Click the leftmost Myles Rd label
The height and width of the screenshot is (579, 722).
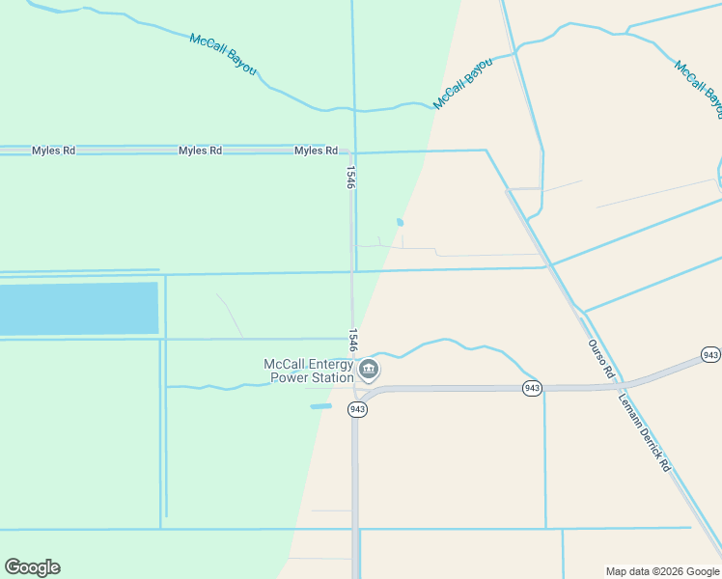pyautogui.click(x=53, y=151)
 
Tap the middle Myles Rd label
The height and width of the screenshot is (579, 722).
pyautogui.click(x=200, y=151)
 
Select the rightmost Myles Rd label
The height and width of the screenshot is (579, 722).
pyautogui.click(x=316, y=151)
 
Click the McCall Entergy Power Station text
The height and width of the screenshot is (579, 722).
pyautogui.click(x=309, y=371)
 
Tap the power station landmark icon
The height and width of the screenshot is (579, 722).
pyautogui.click(x=368, y=370)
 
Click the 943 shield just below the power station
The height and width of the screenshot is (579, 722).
pyautogui.click(x=357, y=409)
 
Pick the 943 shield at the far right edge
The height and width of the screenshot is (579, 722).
pyautogui.click(x=710, y=355)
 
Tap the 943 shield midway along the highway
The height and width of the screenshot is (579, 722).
pyautogui.click(x=532, y=387)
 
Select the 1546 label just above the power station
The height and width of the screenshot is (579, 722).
pyautogui.click(x=353, y=340)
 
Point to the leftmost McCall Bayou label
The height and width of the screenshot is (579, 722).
pyautogui.click(x=223, y=55)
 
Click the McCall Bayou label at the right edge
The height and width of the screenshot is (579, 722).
pyautogui.click(x=698, y=90)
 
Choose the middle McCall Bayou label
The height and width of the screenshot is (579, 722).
pyautogui.click(x=463, y=83)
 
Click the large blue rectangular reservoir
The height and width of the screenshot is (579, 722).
pyautogui.click(x=78, y=309)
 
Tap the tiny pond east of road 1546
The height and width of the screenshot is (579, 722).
pyautogui.click(x=400, y=222)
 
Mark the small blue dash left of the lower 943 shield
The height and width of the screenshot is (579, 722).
pyautogui.click(x=320, y=406)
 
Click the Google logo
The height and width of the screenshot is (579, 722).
pyautogui.click(x=32, y=567)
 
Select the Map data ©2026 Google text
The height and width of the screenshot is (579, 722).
pyautogui.click(x=661, y=571)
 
